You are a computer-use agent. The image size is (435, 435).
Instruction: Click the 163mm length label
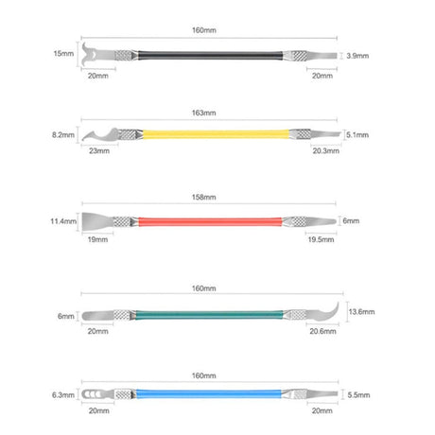click(x=204, y=113)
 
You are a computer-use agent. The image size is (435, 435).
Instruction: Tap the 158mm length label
click(x=204, y=198)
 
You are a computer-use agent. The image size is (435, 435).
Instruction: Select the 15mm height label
click(x=63, y=54)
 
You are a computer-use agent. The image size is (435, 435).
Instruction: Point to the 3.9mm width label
click(x=357, y=56)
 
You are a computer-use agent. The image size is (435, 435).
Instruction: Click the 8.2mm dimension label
click(x=63, y=135)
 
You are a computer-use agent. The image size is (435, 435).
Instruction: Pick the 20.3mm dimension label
click(x=326, y=151)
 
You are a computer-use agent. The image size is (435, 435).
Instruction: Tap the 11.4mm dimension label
click(x=63, y=221)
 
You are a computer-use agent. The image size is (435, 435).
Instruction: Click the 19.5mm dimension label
click(x=321, y=239)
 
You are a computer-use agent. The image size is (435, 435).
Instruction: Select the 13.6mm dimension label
click(x=361, y=312)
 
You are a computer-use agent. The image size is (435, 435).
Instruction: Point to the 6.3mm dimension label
click(x=63, y=395)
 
